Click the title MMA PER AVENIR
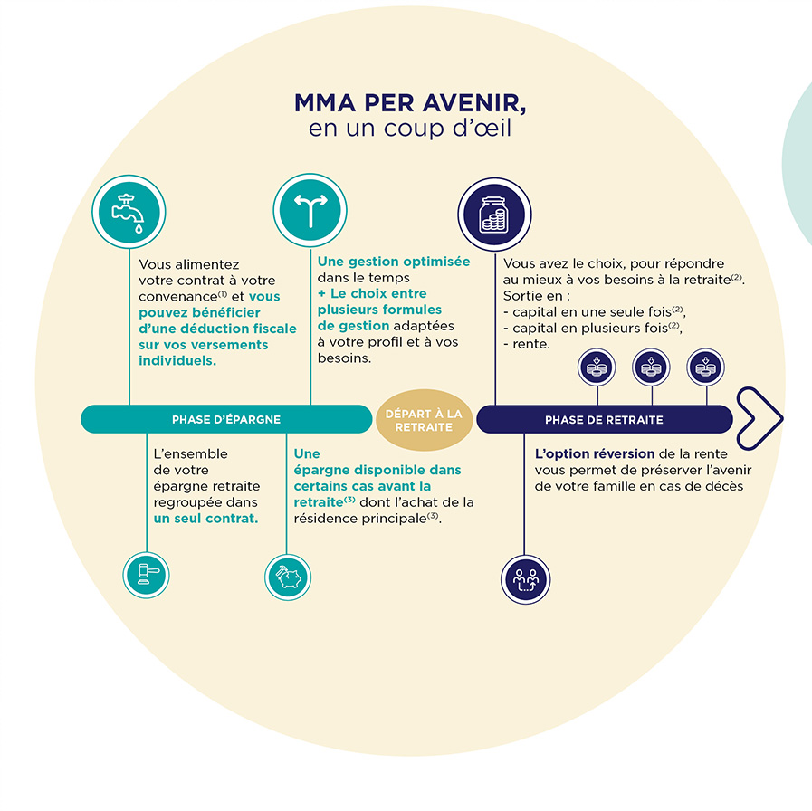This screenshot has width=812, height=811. pyautogui.click(x=410, y=103)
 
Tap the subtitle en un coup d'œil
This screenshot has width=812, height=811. pyautogui.click(x=410, y=129)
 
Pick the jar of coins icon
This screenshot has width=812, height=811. pyautogui.click(x=494, y=213)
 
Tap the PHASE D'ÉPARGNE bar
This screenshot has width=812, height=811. pyautogui.click(x=226, y=419)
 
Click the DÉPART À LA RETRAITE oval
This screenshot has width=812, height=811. pyautogui.click(x=424, y=420)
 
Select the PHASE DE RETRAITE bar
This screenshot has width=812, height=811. pyautogui.click(x=604, y=420)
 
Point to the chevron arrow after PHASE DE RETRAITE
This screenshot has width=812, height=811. pyautogui.click(x=759, y=419)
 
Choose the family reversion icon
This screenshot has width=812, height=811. pyautogui.click(x=525, y=578)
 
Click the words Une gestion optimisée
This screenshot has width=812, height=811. pyautogui.click(x=394, y=262)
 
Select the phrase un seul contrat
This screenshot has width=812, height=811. pyautogui.click(x=205, y=519)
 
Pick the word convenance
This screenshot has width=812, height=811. pyautogui.click(x=176, y=296)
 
